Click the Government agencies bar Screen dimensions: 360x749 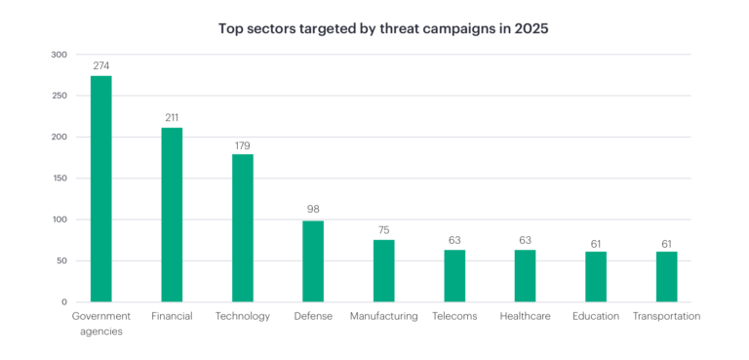(x=101, y=188)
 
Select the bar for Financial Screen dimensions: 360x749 (x=172, y=215)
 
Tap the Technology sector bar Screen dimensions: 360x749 (x=243, y=227)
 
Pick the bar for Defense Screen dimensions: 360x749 (x=313, y=261)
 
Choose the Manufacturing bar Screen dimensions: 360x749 (x=384, y=270)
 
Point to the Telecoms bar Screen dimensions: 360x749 (x=454, y=276)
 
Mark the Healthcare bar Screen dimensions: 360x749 (x=526, y=276)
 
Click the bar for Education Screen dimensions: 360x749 (x=596, y=277)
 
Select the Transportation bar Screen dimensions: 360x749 (x=667, y=277)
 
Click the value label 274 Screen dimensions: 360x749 (x=101, y=65)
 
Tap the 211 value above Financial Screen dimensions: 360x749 (x=172, y=118)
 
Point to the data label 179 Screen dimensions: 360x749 (x=243, y=144)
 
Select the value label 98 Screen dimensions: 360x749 (x=313, y=210)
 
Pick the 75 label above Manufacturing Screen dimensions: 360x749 (x=384, y=230)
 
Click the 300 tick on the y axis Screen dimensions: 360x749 (x=60, y=55)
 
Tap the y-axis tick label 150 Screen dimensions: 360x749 (x=60, y=179)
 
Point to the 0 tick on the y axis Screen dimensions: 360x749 (x=64, y=302)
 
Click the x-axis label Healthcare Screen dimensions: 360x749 (x=526, y=316)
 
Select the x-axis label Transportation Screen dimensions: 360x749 (x=667, y=316)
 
